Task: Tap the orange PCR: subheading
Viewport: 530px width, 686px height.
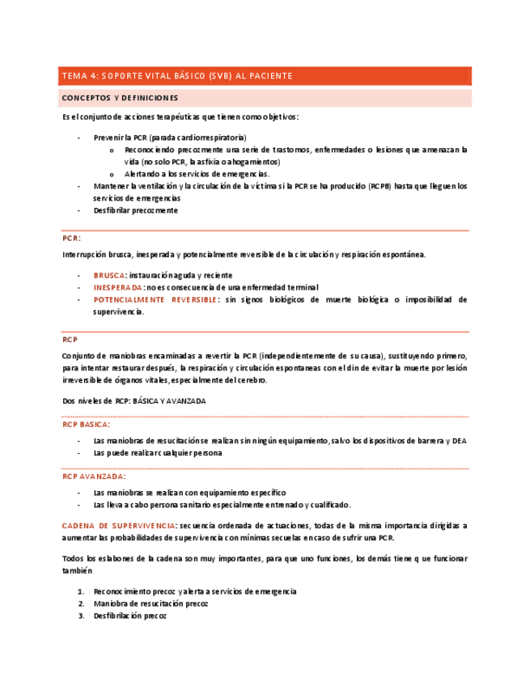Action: point(71,239)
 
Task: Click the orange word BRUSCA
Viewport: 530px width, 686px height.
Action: point(109,275)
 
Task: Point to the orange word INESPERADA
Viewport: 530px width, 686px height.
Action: point(118,287)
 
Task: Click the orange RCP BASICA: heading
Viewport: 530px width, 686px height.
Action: point(87,424)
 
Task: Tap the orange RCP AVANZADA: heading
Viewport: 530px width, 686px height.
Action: point(93,476)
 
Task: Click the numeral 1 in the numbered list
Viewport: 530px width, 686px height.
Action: point(81,591)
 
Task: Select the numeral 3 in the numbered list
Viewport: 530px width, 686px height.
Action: point(81,616)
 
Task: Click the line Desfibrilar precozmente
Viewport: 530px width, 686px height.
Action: point(135,210)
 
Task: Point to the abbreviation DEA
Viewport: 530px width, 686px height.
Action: point(458,441)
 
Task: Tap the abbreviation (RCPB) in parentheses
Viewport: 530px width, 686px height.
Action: point(379,186)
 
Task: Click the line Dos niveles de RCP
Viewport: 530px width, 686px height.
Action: point(134,400)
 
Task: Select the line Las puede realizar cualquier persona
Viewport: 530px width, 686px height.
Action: point(157,453)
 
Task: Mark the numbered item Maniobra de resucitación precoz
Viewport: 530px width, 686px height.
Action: point(151,603)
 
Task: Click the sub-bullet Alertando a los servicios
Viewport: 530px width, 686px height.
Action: point(197,174)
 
